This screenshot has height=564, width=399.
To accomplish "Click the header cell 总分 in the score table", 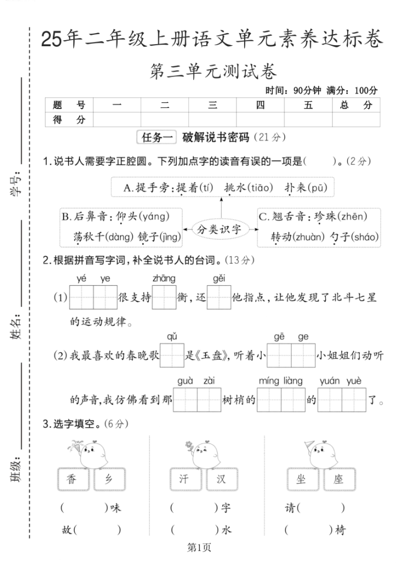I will [x=356, y=105].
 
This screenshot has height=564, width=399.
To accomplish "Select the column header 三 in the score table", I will [x=213, y=105].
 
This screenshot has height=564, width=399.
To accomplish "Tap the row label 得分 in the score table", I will [x=69, y=120].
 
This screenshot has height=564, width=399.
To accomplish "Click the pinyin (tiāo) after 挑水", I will [x=260, y=188].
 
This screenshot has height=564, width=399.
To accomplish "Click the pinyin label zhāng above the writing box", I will [x=164, y=279].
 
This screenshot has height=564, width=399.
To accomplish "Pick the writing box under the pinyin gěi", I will [x=219, y=298].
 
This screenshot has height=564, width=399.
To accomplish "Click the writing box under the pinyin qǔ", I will [x=171, y=356].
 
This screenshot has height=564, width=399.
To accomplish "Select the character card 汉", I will [x=221, y=479].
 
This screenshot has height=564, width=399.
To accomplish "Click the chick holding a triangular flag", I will [x=318, y=453].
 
